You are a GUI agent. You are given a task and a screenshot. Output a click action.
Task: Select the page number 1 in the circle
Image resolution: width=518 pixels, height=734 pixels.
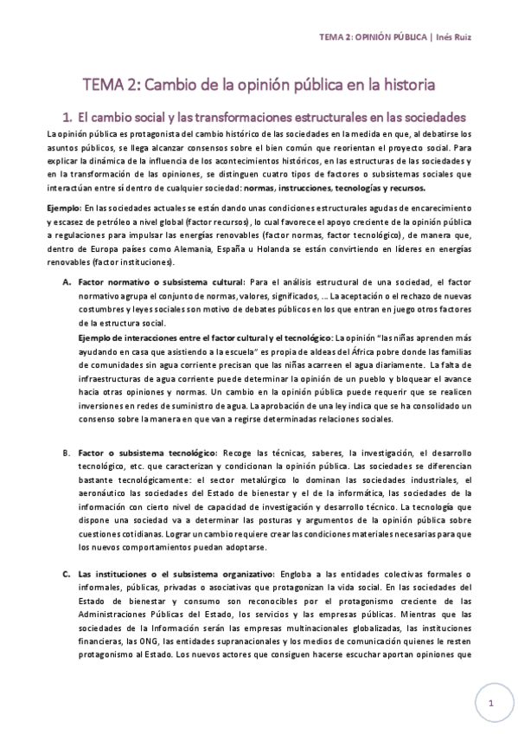(x=490, y=702)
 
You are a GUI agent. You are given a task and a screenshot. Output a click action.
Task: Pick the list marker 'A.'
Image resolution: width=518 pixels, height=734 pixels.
(x=67, y=282)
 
